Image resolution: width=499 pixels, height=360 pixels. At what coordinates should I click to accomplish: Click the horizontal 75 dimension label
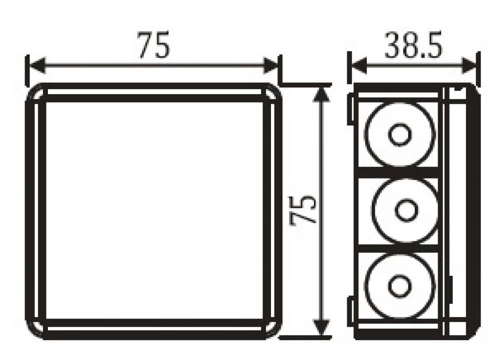(x=154, y=45)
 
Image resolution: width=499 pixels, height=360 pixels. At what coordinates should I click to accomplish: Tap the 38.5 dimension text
(x=414, y=46)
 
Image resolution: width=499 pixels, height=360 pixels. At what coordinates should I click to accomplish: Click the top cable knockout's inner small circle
(x=399, y=135)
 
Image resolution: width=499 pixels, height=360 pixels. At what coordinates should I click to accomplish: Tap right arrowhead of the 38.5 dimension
(x=471, y=65)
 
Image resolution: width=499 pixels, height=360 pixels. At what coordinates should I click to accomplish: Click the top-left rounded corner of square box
(x=35, y=93)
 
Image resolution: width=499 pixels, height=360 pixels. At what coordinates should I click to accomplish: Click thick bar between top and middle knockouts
(x=399, y=173)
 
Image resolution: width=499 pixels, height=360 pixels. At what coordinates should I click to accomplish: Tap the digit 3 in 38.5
(x=392, y=46)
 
